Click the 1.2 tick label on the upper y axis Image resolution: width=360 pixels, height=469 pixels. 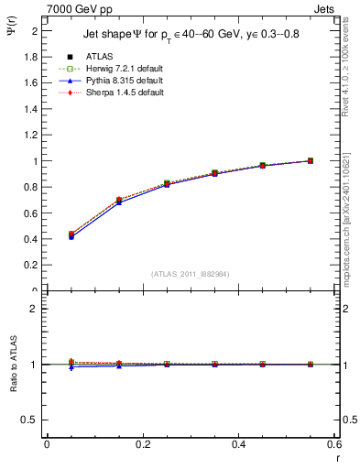pos(32,135)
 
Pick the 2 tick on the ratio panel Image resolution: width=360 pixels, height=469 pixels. pos(35,309)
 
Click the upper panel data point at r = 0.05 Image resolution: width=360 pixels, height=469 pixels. pos(71,235)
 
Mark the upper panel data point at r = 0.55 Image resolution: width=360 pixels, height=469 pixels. pos(311,160)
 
